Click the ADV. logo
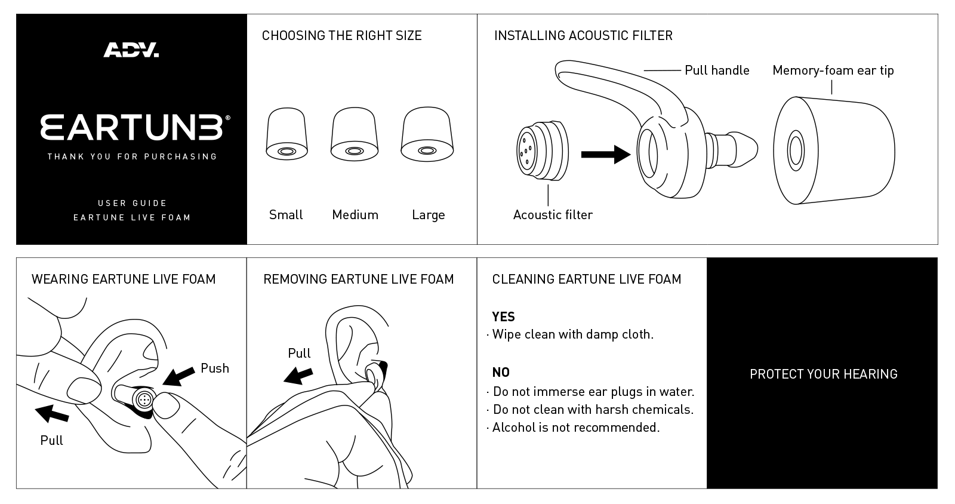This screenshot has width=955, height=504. pyautogui.click(x=131, y=50)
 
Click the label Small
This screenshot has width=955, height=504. pyautogui.click(x=286, y=215)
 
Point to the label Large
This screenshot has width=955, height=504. pyautogui.click(x=428, y=215)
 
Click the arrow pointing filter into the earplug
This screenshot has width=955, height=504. pyautogui.click(x=605, y=155)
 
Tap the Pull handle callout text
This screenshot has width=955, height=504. pyautogui.click(x=717, y=70)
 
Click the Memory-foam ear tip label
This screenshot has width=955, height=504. pyautogui.click(x=833, y=70)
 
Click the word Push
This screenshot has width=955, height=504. pyautogui.click(x=215, y=368)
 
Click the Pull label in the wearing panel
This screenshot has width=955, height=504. pyautogui.click(x=51, y=441)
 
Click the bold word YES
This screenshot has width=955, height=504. pyautogui.click(x=503, y=317)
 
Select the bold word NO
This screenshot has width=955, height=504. pyautogui.click(x=501, y=373)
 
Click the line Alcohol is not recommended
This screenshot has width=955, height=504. pyautogui.click(x=575, y=428)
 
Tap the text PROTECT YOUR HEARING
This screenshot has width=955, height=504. pyautogui.click(x=823, y=374)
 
